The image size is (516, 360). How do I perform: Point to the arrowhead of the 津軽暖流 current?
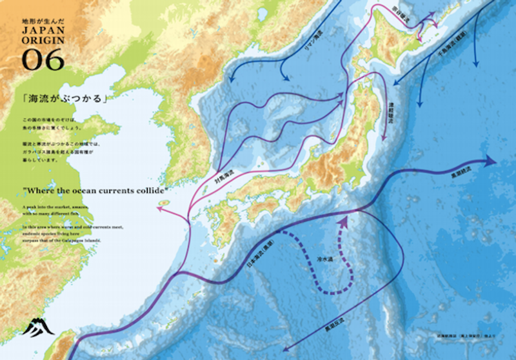[x=384, y=139]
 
